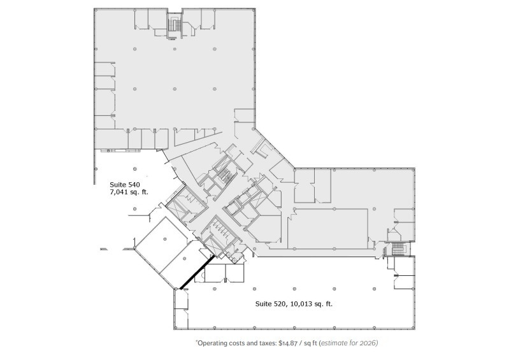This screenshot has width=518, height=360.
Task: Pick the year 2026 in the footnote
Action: pos(368,343)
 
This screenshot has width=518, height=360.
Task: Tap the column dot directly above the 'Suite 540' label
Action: pos(134,169)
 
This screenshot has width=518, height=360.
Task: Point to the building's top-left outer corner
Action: pos(94,9)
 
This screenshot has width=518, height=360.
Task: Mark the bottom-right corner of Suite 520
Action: pos(414,329)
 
